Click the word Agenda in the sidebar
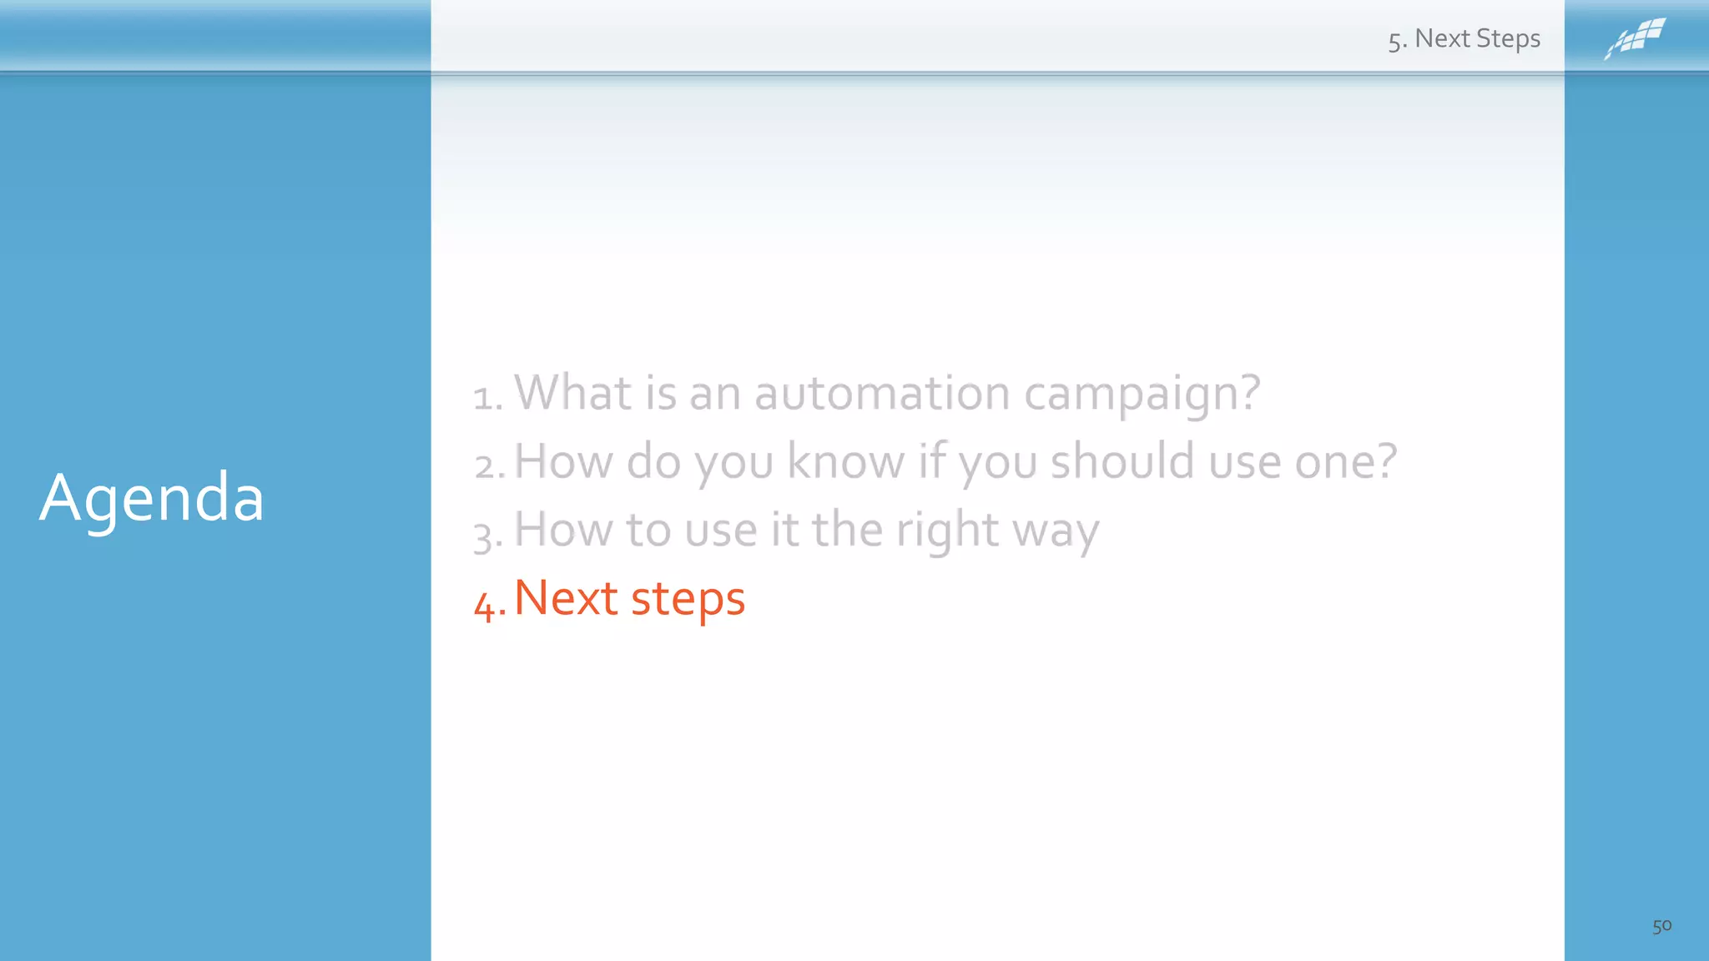[152, 498]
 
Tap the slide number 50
[1661, 926]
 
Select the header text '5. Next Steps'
[1464, 39]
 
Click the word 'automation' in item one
[882, 393]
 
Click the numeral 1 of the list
[483, 398]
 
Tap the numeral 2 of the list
[485, 466]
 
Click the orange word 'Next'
[566, 598]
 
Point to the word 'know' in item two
[845, 461]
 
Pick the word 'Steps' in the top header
[1508, 39]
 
